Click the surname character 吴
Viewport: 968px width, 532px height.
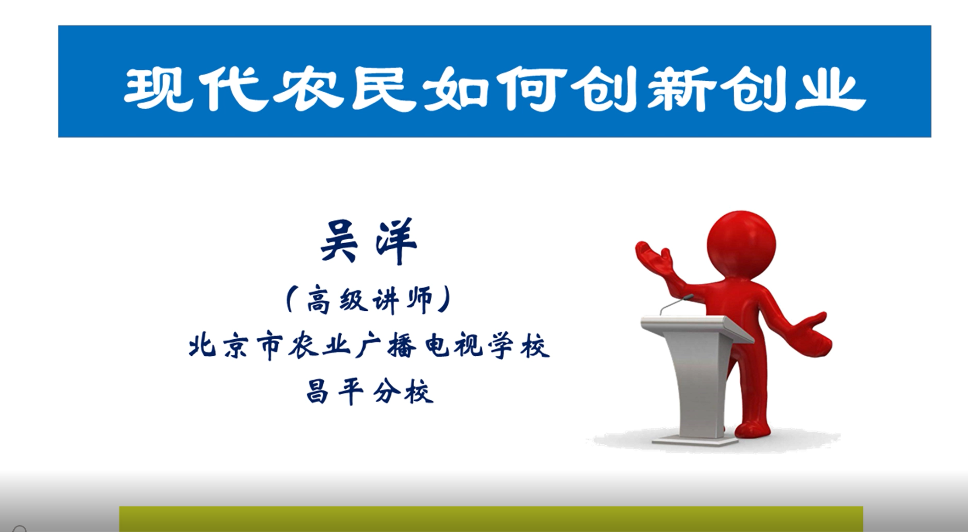pos(339,241)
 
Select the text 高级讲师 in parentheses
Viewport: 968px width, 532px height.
pos(370,300)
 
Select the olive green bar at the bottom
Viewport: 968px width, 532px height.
pos(491,519)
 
